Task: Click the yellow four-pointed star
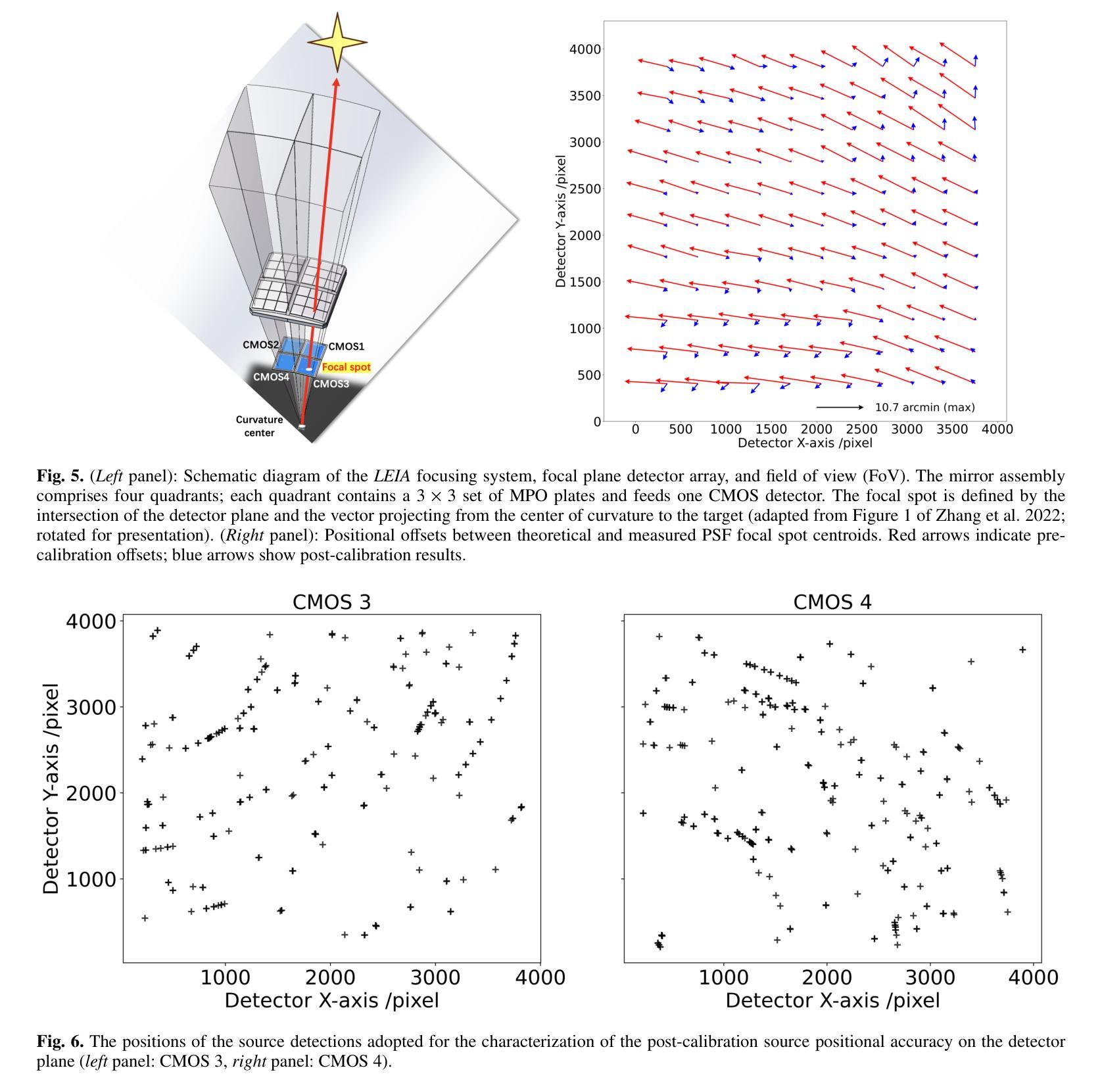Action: [x=337, y=42]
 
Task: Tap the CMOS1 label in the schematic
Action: [x=346, y=347]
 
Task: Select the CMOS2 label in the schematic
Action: [x=261, y=345]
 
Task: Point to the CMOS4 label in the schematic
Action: [x=271, y=377]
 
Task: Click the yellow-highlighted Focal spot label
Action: [x=346, y=368]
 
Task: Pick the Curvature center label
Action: [x=260, y=426]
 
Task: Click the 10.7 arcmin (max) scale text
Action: [x=924, y=408]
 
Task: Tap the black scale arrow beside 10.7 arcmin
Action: [x=840, y=407]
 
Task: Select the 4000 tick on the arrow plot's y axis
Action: [x=585, y=49]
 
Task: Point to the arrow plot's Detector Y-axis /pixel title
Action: [x=560, y=221]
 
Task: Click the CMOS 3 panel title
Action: [x=331, y=602]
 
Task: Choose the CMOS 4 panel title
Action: [x=832, y=602]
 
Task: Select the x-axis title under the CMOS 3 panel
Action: [x=331, y=1001]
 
